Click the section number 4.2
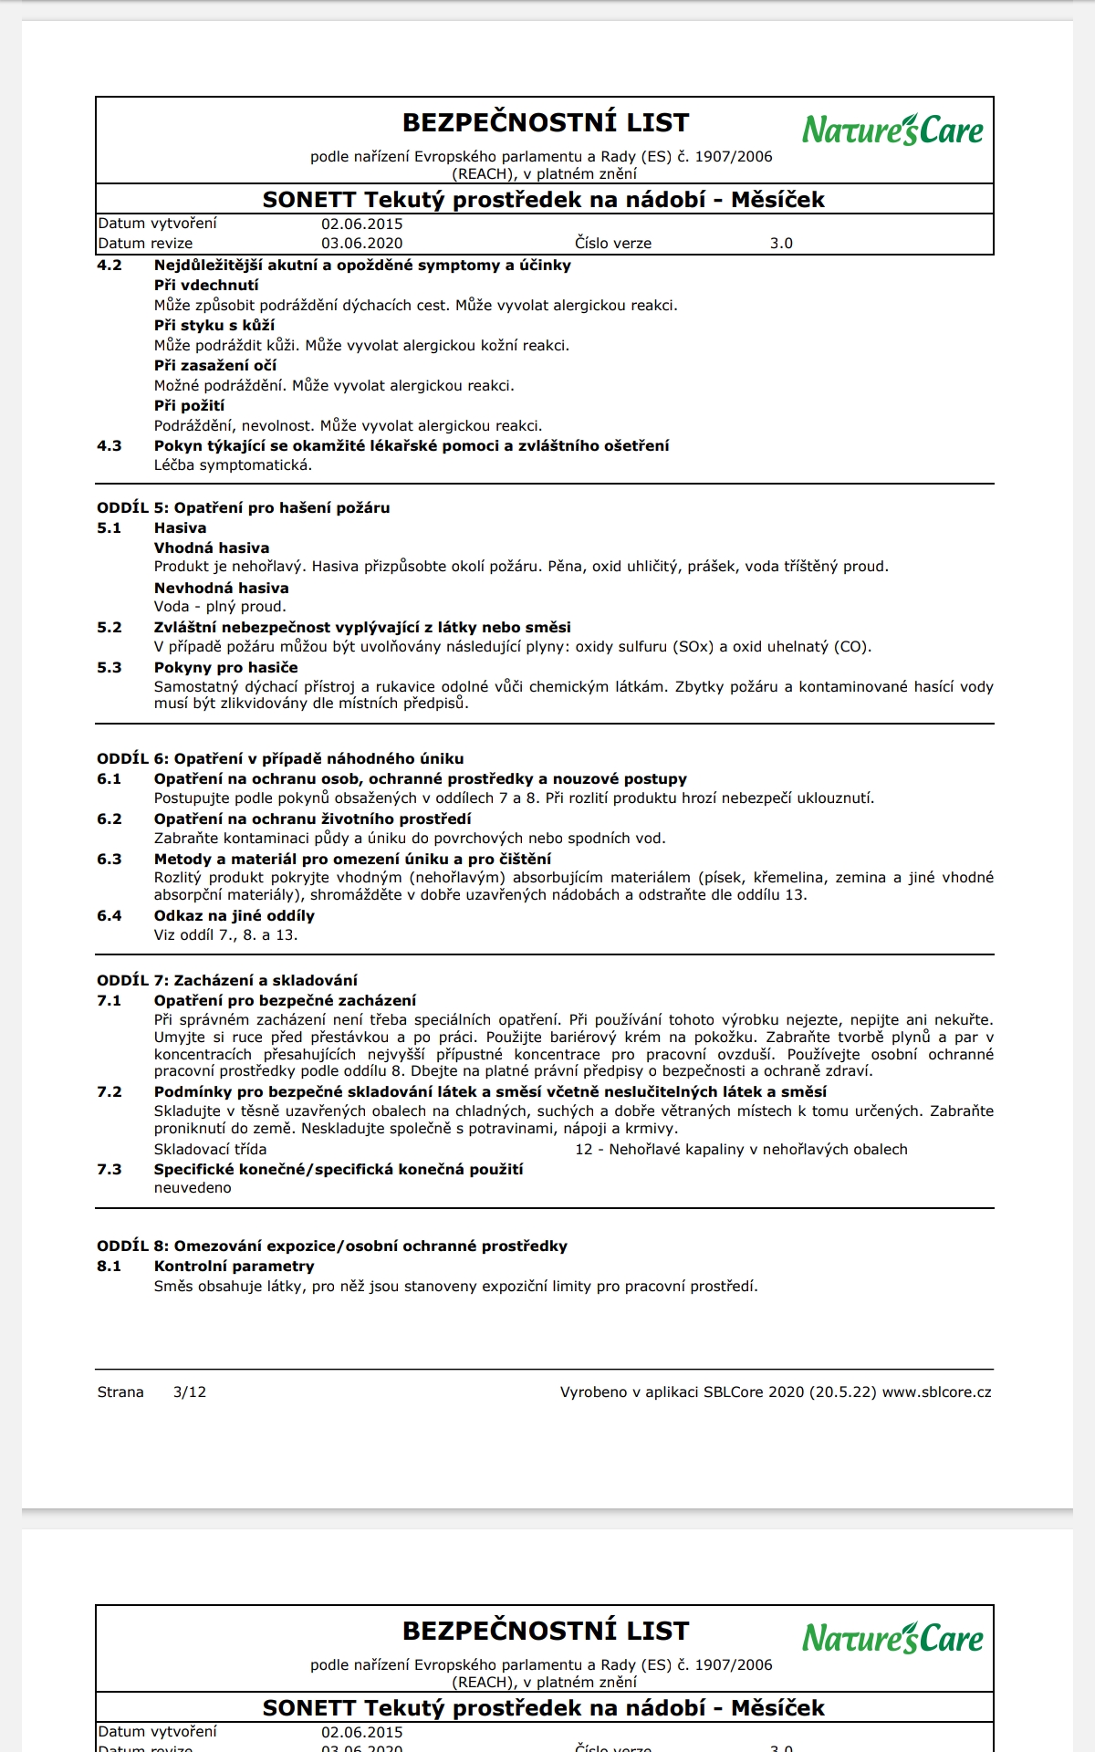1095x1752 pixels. tap(109, 266)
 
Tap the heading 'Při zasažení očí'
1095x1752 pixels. tap(215, 366)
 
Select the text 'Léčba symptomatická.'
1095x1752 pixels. tap(233, 465)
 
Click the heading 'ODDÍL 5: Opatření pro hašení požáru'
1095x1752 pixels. tap(244, 508)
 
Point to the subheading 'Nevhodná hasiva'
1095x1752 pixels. tap(221, 589)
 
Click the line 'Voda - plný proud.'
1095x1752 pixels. tap(220, 607)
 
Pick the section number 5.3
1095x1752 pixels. tap(109, 668)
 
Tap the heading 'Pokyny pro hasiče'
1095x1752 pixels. tap(225, 668)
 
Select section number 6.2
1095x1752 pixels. tap(109, 819)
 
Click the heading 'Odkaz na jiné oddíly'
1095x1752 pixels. tap(235, 916)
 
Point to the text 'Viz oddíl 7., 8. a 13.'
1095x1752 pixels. tap(225, 935)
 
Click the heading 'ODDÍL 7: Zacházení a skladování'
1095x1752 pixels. tap(227, 981)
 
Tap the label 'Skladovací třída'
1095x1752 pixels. tap(210, 1150)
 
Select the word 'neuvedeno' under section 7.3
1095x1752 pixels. tap(193, 1188)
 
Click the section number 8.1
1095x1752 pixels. tap(109, 1267)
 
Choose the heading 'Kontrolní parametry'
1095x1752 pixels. tap(234, 1267)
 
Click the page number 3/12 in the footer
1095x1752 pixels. tap(190, 1392)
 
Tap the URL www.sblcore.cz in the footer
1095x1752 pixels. tap(937, 1392)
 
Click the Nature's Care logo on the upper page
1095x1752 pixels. tap(892, 130)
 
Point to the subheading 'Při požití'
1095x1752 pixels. tap(189, 406)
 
